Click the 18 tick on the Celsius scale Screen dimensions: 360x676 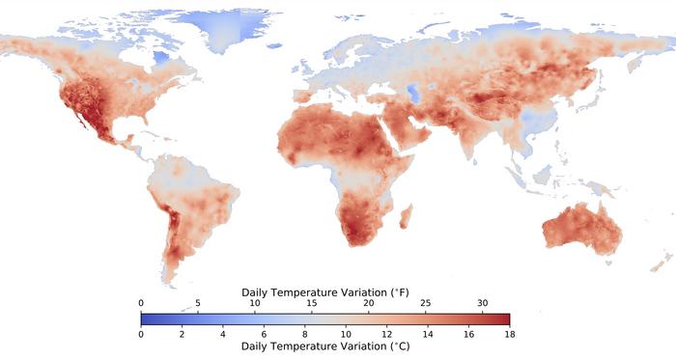[x=509, y=334]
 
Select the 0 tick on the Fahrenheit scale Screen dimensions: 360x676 [x=141, y=303]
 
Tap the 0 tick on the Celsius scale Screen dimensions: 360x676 [x=141, y=334]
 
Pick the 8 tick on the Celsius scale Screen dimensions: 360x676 [x=304, y=334]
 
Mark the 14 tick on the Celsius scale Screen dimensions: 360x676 [x=427, y=334]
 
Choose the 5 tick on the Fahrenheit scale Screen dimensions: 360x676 [x=198, y=303]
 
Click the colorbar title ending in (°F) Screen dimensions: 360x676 [x=324, y=291]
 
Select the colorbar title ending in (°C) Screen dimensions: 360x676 [x=324, y=346]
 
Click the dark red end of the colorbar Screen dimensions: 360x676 [x=504, y=318]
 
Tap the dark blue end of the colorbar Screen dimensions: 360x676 [x=146, y=318]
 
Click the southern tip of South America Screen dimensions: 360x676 [x=171, y=280]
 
